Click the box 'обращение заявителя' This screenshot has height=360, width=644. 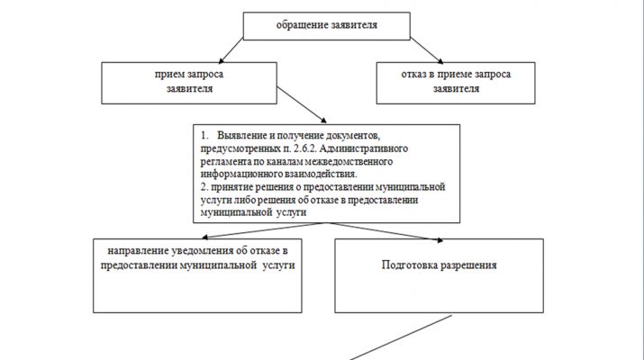point(325,25)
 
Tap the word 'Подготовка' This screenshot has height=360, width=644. point(411,266)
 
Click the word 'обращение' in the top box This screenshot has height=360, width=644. point(300,25)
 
